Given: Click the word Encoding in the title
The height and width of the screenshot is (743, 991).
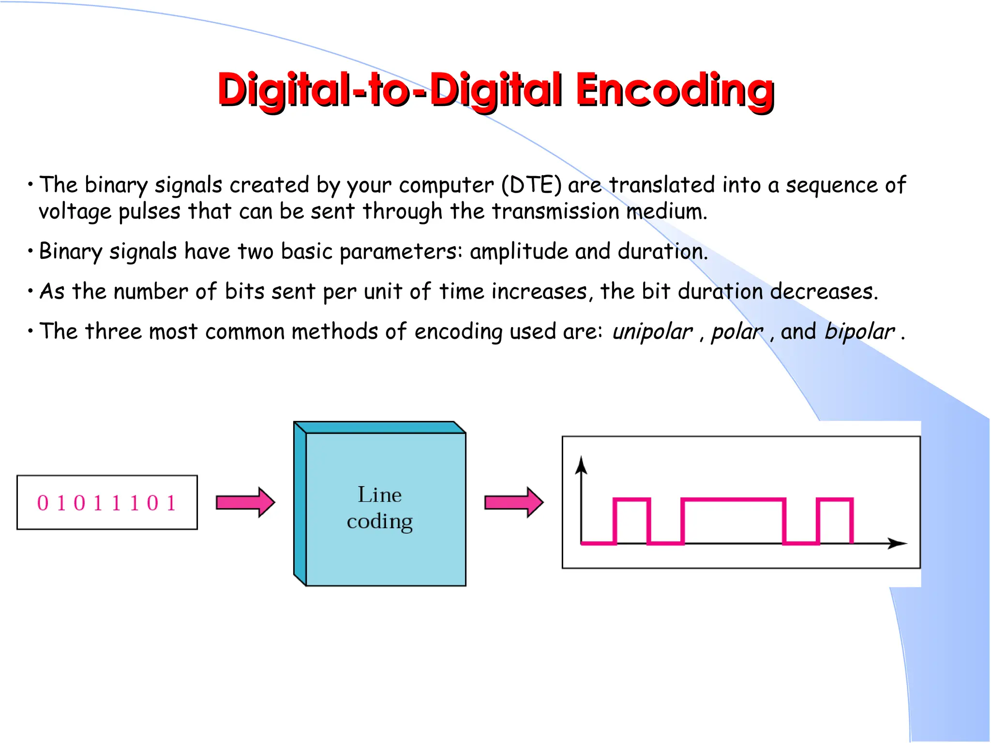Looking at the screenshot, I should [675, 90].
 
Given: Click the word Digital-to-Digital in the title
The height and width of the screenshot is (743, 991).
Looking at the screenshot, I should [390, 90].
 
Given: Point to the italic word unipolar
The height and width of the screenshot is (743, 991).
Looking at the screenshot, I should [652, 332].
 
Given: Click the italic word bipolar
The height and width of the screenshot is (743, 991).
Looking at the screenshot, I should [859, 332].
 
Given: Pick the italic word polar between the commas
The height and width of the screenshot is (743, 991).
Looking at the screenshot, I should [736, 332].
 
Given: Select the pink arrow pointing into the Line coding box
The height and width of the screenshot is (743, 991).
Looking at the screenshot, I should [245, 502].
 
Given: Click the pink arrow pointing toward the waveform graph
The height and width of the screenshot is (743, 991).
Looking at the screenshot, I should [513, 502].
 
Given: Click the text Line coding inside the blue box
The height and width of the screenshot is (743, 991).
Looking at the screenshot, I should [380, 508].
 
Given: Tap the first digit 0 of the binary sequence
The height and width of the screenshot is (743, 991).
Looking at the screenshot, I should [43, 503].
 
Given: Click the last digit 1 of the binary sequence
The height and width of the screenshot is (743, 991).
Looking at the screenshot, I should [171, 503].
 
